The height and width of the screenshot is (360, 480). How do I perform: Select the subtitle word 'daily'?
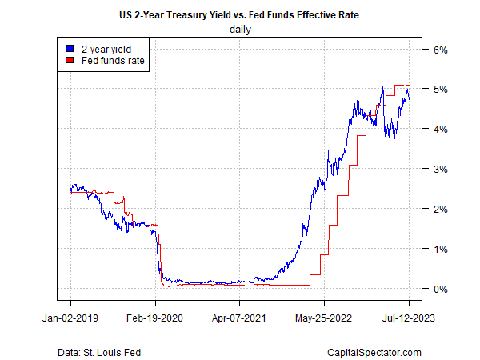pos(240,30)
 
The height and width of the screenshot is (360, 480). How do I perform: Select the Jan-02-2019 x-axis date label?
pos(70,318)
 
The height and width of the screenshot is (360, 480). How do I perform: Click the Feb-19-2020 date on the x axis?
pos(155,318)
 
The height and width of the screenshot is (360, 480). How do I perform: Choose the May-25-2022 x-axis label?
pos(324,318)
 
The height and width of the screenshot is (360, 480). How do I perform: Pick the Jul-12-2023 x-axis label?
pos(409,318)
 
